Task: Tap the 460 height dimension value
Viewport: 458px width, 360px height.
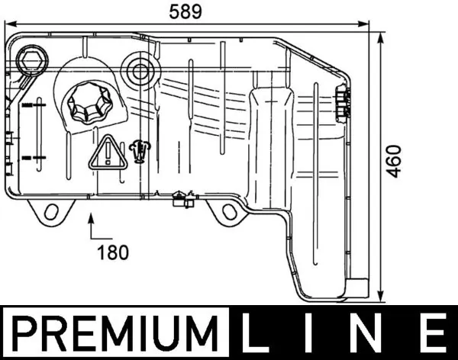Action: [393, 160]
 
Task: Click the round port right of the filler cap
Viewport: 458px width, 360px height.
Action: [140, 71]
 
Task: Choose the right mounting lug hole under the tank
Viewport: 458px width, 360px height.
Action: [229, 212]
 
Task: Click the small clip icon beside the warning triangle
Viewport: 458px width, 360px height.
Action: [138, 151]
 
